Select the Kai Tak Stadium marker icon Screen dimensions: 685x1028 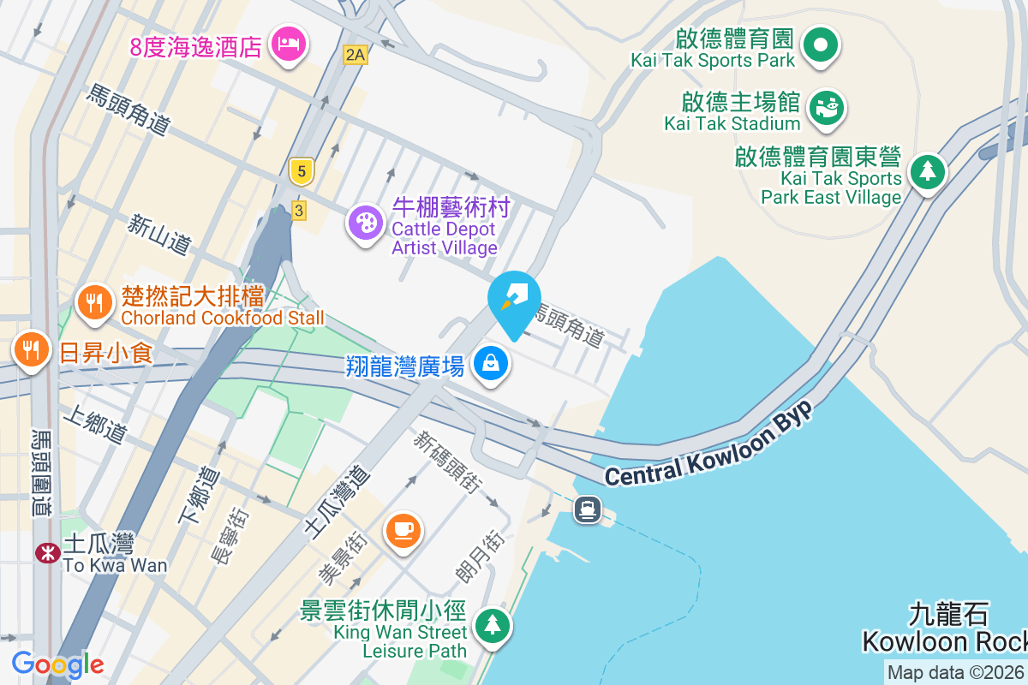[x=827, y=108]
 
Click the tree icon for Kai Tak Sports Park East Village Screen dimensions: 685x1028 [x=926, y=171]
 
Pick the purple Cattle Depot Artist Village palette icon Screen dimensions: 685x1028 [x=366, y=223]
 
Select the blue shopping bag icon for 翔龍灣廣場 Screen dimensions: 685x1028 [x=492, y=363]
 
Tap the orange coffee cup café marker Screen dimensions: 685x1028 [x=403, y=528]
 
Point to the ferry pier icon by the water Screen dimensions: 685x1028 [x=588, y=509]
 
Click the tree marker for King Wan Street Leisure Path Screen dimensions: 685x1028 [x=492, y=624]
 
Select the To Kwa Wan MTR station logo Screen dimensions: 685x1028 [x=47, y=553]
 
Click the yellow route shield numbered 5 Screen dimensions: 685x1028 [x=299, y=171]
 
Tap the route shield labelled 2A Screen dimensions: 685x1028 [x=355, y=55]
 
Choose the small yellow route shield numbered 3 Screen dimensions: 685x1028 [x=298, y=209]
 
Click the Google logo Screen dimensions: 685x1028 [x=57, y=664]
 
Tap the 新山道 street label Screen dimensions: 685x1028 [x=158, y=234]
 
